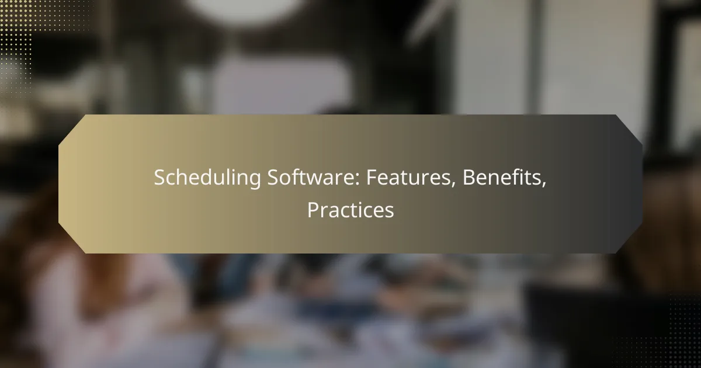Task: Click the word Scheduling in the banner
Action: (x=207, y=178)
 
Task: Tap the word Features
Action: (x=408, y=177)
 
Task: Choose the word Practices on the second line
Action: (x=350, y=210)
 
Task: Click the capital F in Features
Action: (x=372, y=178)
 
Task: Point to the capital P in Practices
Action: (x=313, y=210)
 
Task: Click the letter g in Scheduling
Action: (x=255, y=180)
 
